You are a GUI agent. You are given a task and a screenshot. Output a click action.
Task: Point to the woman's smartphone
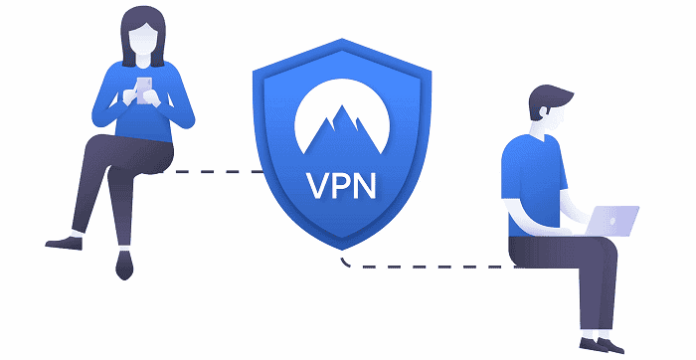[x=142, y=88]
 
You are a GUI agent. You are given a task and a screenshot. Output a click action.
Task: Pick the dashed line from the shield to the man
[x=428, y=267]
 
